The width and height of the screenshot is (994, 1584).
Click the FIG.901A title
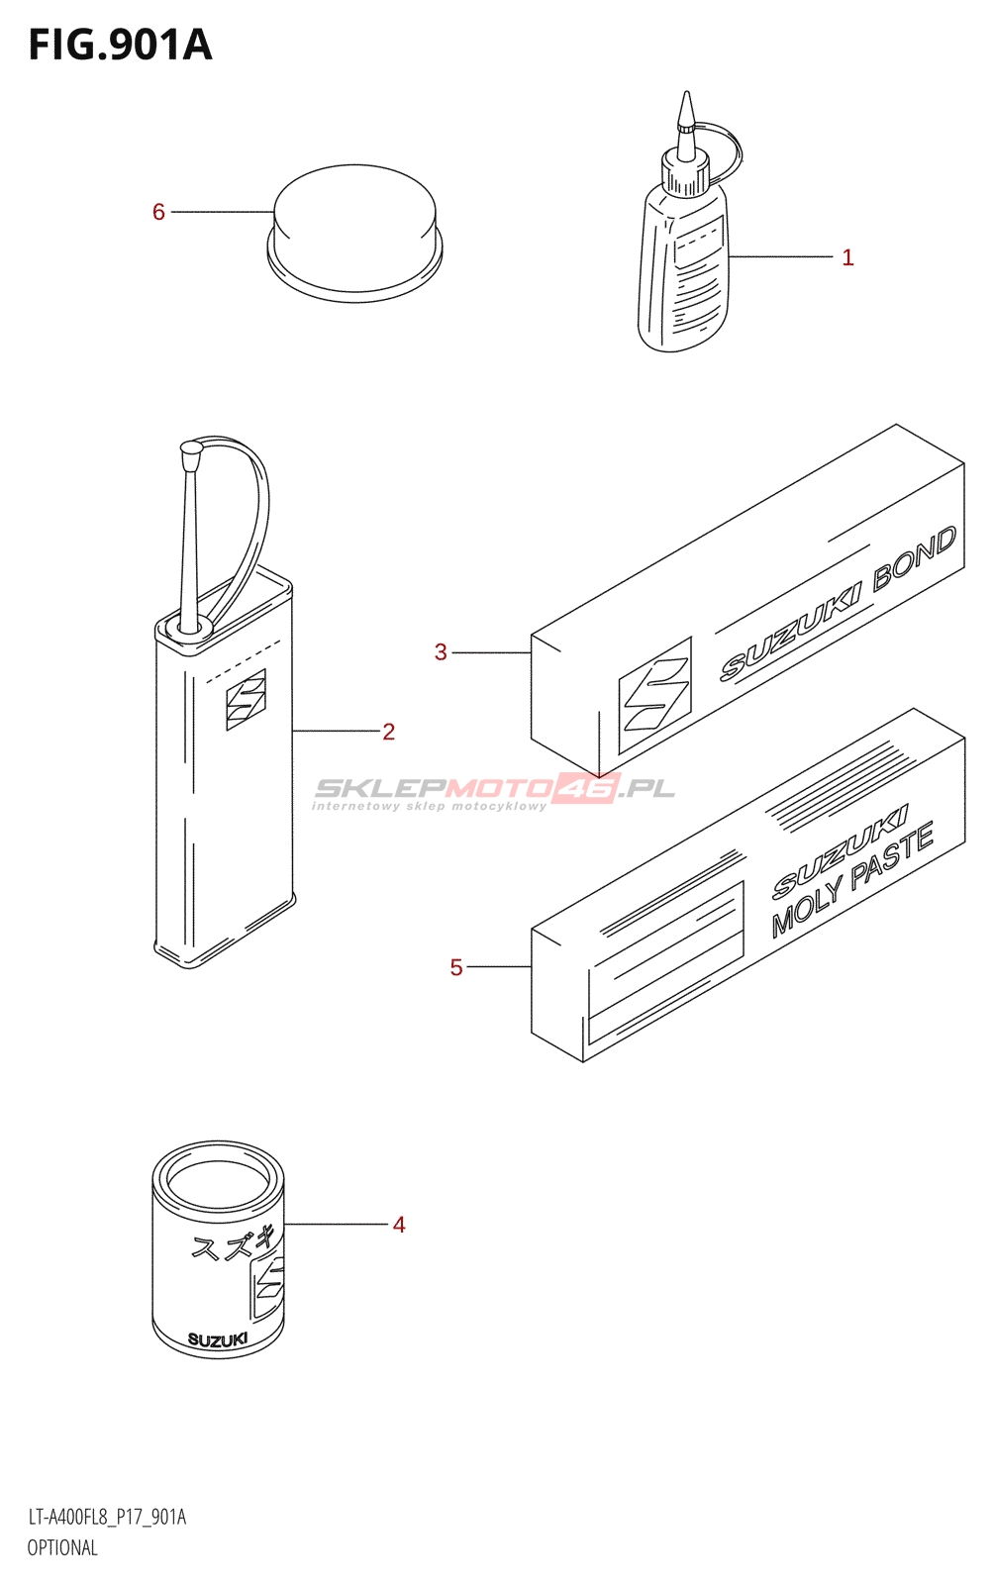(x=120, y=46)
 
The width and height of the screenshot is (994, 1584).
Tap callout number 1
(x=847, y=257)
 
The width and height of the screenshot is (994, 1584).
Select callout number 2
(x=388, y=732)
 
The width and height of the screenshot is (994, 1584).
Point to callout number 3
(x=441, y=652)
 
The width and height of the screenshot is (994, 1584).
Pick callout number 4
(x=399, y=1225)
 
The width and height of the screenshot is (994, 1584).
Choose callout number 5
(x=455, y=967)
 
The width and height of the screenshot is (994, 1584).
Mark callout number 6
(x=158, y=212)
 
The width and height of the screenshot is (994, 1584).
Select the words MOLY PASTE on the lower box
(x=852, y=880)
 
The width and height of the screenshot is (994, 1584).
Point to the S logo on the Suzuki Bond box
(x=654, y=696)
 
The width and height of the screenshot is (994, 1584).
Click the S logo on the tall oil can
(x=246, y=700)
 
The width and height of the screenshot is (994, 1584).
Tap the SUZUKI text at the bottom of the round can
(x=218, y=1340)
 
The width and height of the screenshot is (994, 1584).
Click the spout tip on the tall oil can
(x=191, y=451)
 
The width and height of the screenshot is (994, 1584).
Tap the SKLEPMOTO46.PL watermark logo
(x=494, y=789)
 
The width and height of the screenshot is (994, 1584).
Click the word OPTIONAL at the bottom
(x=62, y=1547)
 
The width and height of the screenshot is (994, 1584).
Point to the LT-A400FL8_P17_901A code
(x=107, y=1517)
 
